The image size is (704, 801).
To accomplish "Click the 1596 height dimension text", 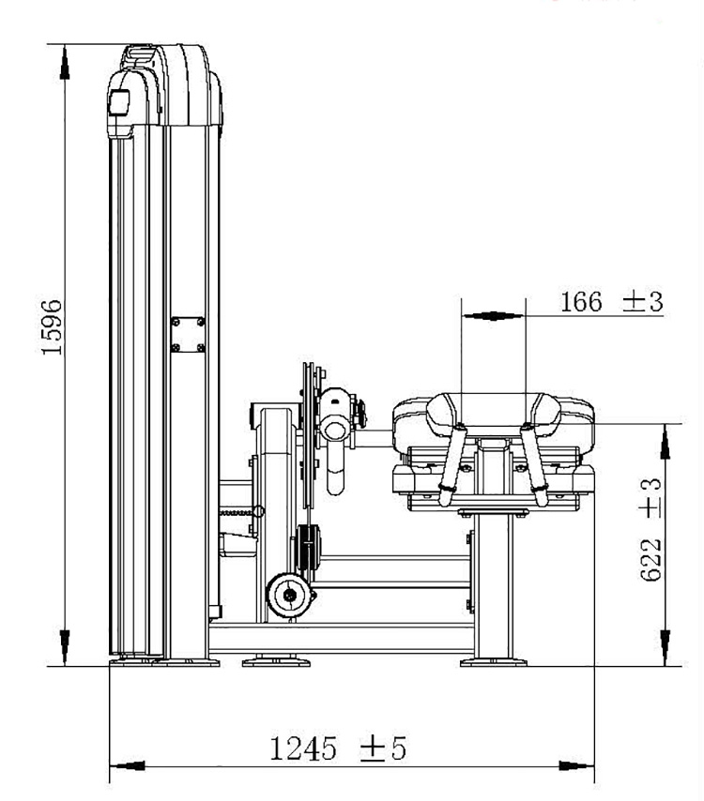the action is click(x=52, y=327).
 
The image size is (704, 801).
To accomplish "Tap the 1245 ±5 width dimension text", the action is click(x=337, y=748).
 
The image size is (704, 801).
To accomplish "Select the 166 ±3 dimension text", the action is click(x=611, y=301).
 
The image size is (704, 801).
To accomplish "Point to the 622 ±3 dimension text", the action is click(x=650, y=530).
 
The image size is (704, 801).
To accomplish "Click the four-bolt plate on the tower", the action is click(x=188, y=335).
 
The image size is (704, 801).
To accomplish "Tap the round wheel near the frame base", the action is click(x=290, y=594).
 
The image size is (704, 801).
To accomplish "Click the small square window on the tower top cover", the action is click(x=119, y=102).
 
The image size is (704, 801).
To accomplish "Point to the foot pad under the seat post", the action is click(x=494, y=662).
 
